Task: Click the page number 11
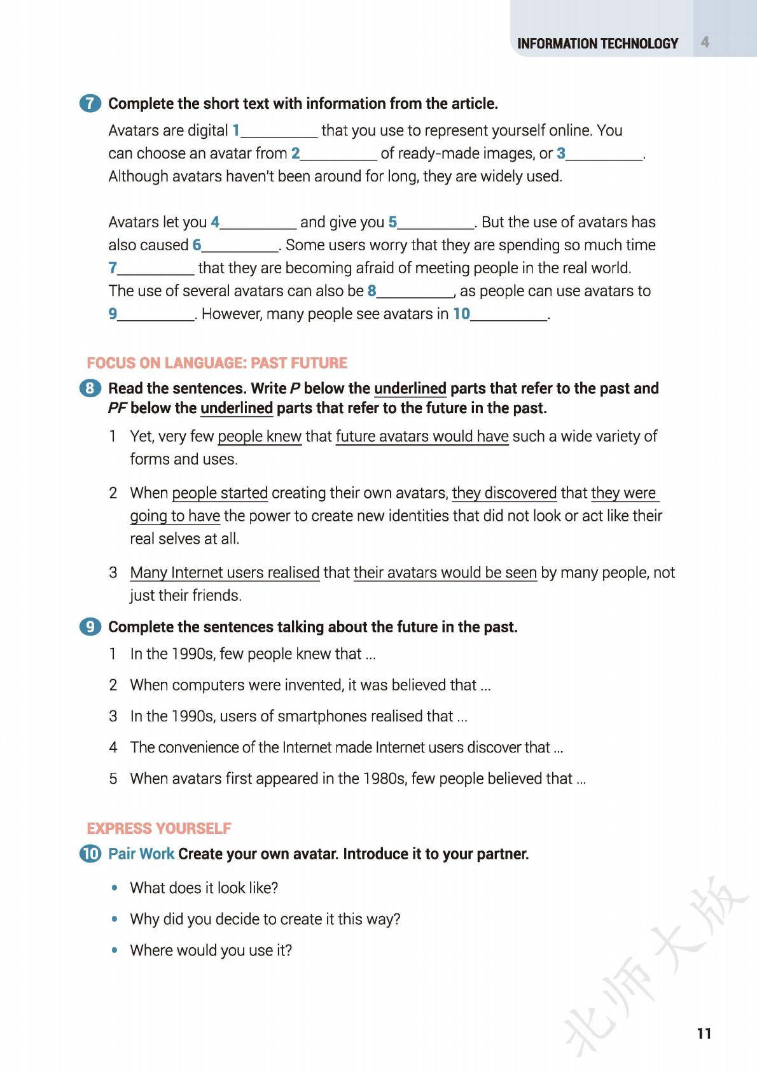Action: [x=704, y=1033]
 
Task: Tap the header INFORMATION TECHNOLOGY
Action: [x=597, y=43]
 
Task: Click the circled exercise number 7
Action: [x=90, y=104]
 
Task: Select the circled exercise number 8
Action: [x=90, y=388]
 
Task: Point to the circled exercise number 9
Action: [x=90, y=627]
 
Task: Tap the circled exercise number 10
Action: [x=90, y=854]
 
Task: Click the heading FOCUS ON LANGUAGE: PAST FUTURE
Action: [x=217, y=363]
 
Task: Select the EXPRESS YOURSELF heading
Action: [x=159, y=828]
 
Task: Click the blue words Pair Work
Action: [x=141, y=854]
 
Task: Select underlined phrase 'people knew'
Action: [x=260, y=437]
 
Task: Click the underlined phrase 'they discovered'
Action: [x=504, y=493]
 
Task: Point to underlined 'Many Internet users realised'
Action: [x=225, y=573]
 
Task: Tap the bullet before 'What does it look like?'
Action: [x=115, y=888]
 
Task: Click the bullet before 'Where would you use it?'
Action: [x=115, y=950]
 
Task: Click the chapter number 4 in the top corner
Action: [x=705, y=42]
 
